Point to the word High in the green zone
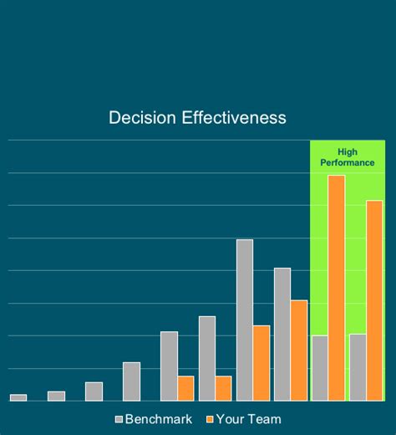pos(348,151)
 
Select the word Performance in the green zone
pos(348,162)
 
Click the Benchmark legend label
pos(159,419)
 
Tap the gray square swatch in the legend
pos(119,419)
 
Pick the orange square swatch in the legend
pos(210,419)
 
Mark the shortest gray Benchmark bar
pos(18,397)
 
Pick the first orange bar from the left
pos(185,388)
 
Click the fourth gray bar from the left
pos(131,381)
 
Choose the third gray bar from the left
pos(94,391)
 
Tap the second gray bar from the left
pos(56,396)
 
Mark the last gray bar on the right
pos(358,367)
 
